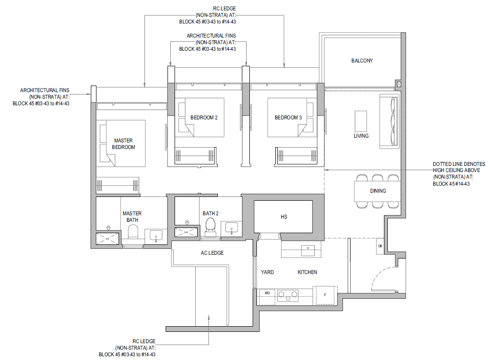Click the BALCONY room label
[x=362, y=61]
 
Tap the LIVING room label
[x=361, y=136]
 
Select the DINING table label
[x=378, y=191]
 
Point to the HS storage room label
[x=284, y=217]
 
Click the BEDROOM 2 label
[x=204, y=118]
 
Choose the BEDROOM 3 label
[x=288, y=118]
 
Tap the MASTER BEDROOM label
[x=123, y=144]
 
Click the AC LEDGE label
[x=212, y=253]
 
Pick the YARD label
[x=267, y=272]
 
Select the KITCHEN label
[x=307, y=272]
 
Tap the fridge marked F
[x=325, y=295]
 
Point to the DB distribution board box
[x=380, y=246]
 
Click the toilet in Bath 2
[x=210, y=227]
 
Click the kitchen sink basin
[x=308, y=251]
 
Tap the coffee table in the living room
[x=361, y=121]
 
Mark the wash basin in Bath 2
[x=232, y=228]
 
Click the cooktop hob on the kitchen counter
[x=287, y=296]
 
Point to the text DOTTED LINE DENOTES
[x=459, y=164]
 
